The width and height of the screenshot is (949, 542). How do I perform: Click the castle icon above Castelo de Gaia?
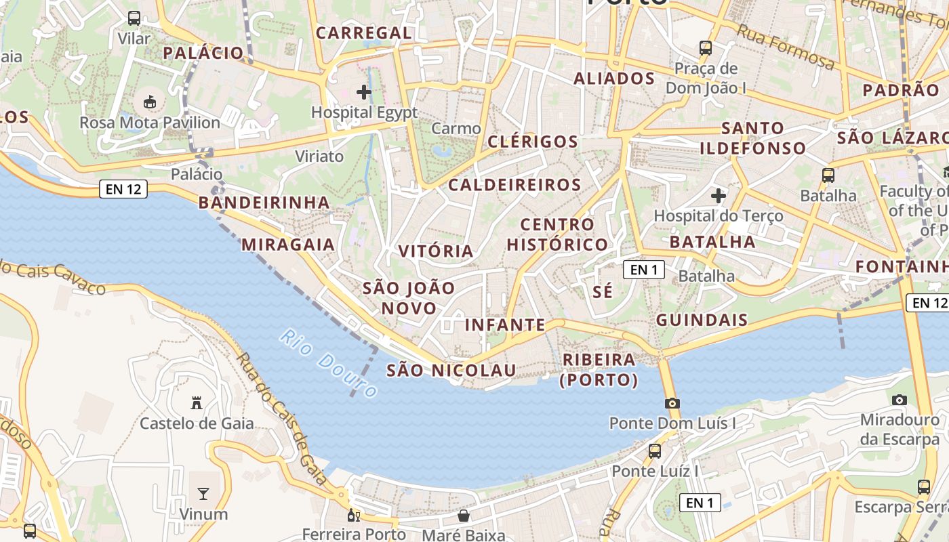(x=197, y=403)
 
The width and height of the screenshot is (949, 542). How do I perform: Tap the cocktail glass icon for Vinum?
(x=203, y=493)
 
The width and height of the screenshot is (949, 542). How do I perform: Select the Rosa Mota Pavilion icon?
(x=150, y=102)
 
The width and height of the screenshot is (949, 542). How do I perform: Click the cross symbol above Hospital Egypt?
(x=364, y=91)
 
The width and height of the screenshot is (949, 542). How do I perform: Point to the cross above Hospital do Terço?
(x=719, y=196)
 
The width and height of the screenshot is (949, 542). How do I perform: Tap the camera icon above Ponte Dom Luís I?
(x=672, y=403)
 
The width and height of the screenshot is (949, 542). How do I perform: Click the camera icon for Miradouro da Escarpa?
(x=900, y=400)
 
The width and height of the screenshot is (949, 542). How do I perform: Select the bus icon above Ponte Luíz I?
(x=655, y=451)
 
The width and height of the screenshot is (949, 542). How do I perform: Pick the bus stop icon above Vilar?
(x=134, y=18)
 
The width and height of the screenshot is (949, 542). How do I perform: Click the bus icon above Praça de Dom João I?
(x=706, y=48)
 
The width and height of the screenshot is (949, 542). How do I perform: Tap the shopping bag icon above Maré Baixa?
(x=464, y=516)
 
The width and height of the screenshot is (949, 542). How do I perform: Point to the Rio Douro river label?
(x=329, y=364)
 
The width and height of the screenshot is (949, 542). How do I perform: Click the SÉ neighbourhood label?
(x=602, y=292)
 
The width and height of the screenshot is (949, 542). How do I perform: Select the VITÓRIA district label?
(x=436, y=251)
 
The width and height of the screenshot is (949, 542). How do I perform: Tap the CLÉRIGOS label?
(x=533, y=142)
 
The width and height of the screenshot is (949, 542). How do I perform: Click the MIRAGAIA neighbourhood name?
(x=288, y=245)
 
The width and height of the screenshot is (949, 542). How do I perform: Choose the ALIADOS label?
(x=614, y=79)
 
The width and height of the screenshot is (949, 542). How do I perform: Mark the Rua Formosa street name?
(x=786, y=47)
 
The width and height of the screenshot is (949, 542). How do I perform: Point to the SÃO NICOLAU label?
(x=451, y=370)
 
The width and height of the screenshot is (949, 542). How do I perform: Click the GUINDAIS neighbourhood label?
(x=702, y=320)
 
